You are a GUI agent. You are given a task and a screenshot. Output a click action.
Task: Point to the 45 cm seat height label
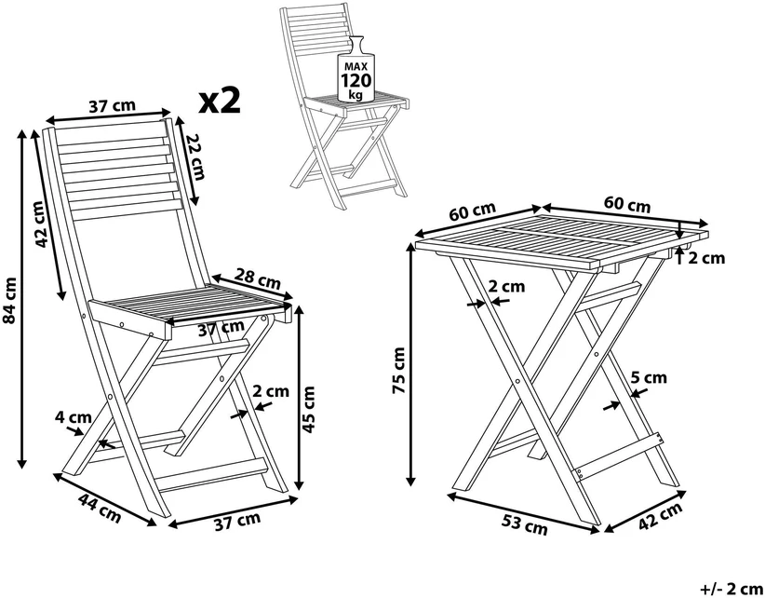[x=309, y=409]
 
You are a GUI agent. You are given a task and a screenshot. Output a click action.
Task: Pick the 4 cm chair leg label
[x=74, y=417]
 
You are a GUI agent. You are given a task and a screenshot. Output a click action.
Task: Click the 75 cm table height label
[x=398, y=370]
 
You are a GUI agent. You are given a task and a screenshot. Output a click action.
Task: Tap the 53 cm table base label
[x=525, y=524]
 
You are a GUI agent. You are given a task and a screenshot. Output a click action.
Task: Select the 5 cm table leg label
[x=649, y=377]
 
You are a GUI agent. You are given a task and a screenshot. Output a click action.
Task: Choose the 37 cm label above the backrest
[x=113, y=106]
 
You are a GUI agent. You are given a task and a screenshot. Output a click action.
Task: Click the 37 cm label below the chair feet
[x=237, y=522]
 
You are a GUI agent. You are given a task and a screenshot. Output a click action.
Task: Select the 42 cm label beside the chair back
[x=42, y=224]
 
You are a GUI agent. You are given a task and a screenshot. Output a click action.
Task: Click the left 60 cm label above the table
[x=472, y=211]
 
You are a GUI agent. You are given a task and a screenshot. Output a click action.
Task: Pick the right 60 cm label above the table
[x=627, y=204]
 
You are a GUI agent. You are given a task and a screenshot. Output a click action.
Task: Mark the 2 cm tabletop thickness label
[x=706, y=258]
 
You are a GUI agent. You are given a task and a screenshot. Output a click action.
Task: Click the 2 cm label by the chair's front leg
[x=271, y=391]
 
